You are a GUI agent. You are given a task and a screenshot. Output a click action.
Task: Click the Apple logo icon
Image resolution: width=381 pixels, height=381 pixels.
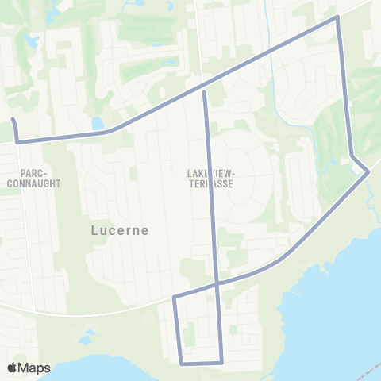13,368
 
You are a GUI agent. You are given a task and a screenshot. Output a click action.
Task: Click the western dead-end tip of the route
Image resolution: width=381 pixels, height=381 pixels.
13,120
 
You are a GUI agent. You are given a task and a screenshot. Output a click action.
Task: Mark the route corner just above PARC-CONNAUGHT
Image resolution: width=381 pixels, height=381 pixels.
17,141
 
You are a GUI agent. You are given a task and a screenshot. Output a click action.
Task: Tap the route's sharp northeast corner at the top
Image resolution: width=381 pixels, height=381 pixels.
338,17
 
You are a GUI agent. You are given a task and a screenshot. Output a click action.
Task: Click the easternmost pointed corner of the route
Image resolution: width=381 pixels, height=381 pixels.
368,171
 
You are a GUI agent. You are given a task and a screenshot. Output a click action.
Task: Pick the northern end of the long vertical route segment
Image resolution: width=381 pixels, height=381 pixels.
205,93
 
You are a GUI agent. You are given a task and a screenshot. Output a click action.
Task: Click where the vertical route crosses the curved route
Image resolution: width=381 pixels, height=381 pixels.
217,283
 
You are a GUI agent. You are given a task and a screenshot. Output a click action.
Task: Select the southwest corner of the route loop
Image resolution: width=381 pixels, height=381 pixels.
182,364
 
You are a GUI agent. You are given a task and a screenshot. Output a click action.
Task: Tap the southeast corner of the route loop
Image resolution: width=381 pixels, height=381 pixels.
222,362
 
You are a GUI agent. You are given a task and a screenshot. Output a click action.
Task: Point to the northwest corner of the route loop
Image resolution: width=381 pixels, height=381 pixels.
175,298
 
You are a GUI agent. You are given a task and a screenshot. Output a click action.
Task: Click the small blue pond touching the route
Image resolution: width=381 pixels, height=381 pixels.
98,124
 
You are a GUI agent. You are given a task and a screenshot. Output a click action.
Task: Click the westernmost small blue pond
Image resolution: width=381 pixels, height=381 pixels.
31,40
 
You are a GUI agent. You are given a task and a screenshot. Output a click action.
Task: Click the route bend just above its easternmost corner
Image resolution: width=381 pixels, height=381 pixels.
352,156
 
